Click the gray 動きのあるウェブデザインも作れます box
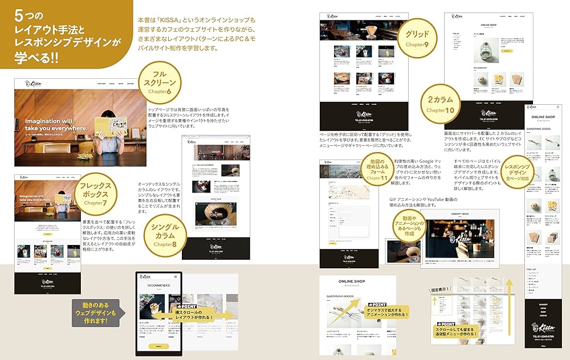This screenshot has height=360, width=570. (96, 313)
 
